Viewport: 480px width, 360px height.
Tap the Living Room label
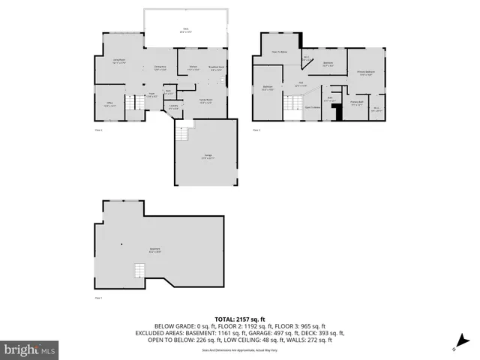point(118,60)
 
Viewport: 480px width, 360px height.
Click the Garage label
point(206,157)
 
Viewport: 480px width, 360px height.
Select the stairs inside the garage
point(181,136)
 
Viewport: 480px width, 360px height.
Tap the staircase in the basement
point(138,271)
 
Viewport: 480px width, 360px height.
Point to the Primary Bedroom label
point(367,73)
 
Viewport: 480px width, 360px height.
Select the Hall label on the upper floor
point(300,83)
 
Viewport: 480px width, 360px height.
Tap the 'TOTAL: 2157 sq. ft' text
point(239,319)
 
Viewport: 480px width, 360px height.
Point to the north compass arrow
point(455,347)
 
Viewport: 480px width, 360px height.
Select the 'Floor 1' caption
point(97,298)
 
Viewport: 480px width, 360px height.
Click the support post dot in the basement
point(121,243)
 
